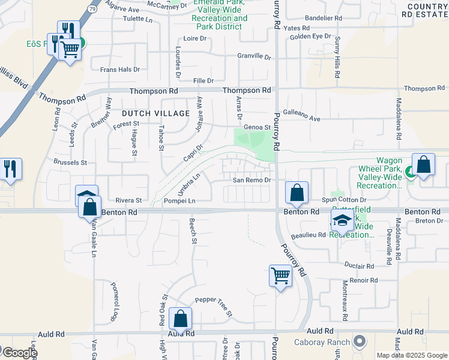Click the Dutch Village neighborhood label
155,113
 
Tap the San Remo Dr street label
253,180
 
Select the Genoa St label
256,127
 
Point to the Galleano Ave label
301,119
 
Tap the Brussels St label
71,163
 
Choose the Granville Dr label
255,56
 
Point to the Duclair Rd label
360,265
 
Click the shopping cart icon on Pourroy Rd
280,276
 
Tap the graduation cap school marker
342,220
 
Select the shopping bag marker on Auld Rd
180,318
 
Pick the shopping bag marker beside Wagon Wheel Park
424,165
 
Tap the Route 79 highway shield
92,9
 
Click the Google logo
19,353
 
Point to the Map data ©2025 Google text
412,355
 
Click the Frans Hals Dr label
120,70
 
